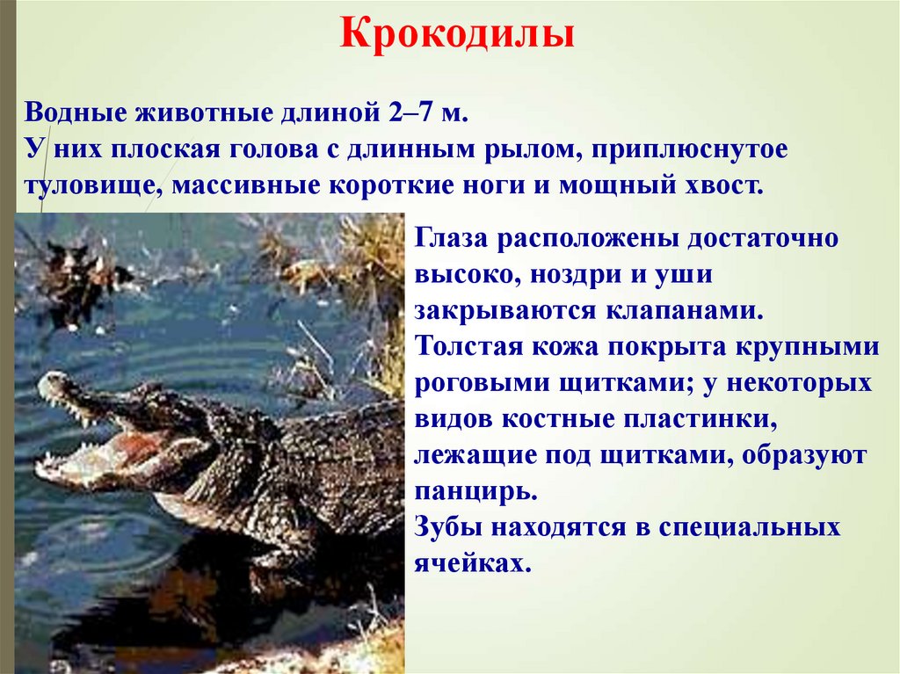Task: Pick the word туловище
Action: pyautogui.click(x=88, y=188)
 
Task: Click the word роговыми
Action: pyautogui.click(x=470, y=385)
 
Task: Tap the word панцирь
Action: pyautogui.click(x=475, y=492)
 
